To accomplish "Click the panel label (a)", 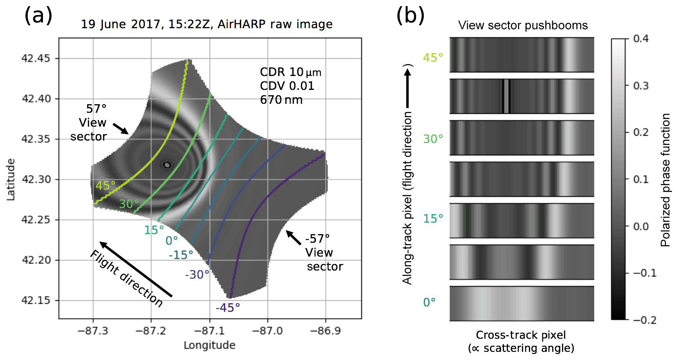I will pyautogui.click(x=38, y=16).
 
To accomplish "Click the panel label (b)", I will pyautogui.click(x=410, y=16).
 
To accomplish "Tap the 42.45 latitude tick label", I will pyautogui.click(x=36, y=58).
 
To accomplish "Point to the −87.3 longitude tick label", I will pyautogui.click(x=93, y=331).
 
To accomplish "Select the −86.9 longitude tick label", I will pyautogui.click(x=325, y=331).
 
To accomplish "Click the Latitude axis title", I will pyautogui.click(x=11, y=179).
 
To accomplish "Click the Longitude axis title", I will pyautogui.click(x=209, y=345).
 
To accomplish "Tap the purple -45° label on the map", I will pyautogui.click(x=228, y=308).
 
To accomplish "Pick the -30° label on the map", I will pyautogui.click(x=197, y=275).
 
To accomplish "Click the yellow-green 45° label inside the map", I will pyautogui.click(x=105, y=186).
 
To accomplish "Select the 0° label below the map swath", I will pyautogui.click(x=172, y=241).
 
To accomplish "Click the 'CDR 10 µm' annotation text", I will pyautogui.click(x=291, y=72).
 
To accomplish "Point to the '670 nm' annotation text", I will pyautogui.click(x=281, y=100).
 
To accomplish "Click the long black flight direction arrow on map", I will pyautogui.click(x=136, y=269).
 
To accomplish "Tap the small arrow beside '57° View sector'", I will pyautogui.click(x=121, y=128).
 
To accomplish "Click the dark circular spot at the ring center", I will pyautogui.click(x=167, y=165).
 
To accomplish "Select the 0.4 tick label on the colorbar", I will pyautogui.click(x=640, y=39).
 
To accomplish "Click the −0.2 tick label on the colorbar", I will pyautogui.click(x=644, y=320).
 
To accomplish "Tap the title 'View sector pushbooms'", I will pyautogui.click(x=523, y=25).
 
